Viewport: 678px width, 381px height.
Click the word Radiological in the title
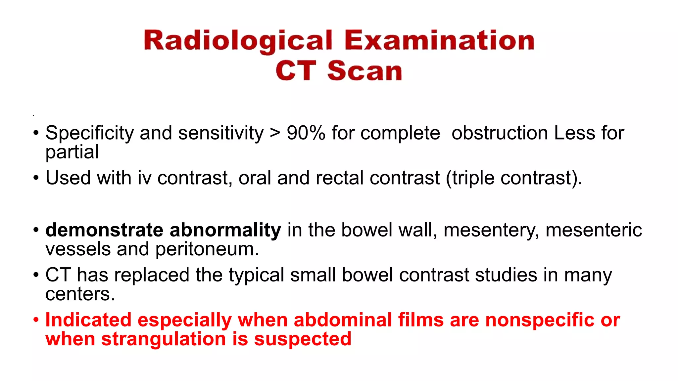[x=238, y=41]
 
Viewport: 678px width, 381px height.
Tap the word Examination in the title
[x=439, y=40]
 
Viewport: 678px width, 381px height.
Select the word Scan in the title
[x=364, y=71]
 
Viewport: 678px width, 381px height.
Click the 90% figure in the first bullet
[x=306, y=133]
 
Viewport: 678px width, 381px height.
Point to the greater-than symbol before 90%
[x=275, y=133]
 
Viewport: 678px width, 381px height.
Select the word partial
[x=72, y=152]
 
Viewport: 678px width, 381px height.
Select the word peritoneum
[x=207, y=249]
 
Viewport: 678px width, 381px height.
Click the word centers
[x=80, y=294]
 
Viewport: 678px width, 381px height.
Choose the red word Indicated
[x=88, y=320]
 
